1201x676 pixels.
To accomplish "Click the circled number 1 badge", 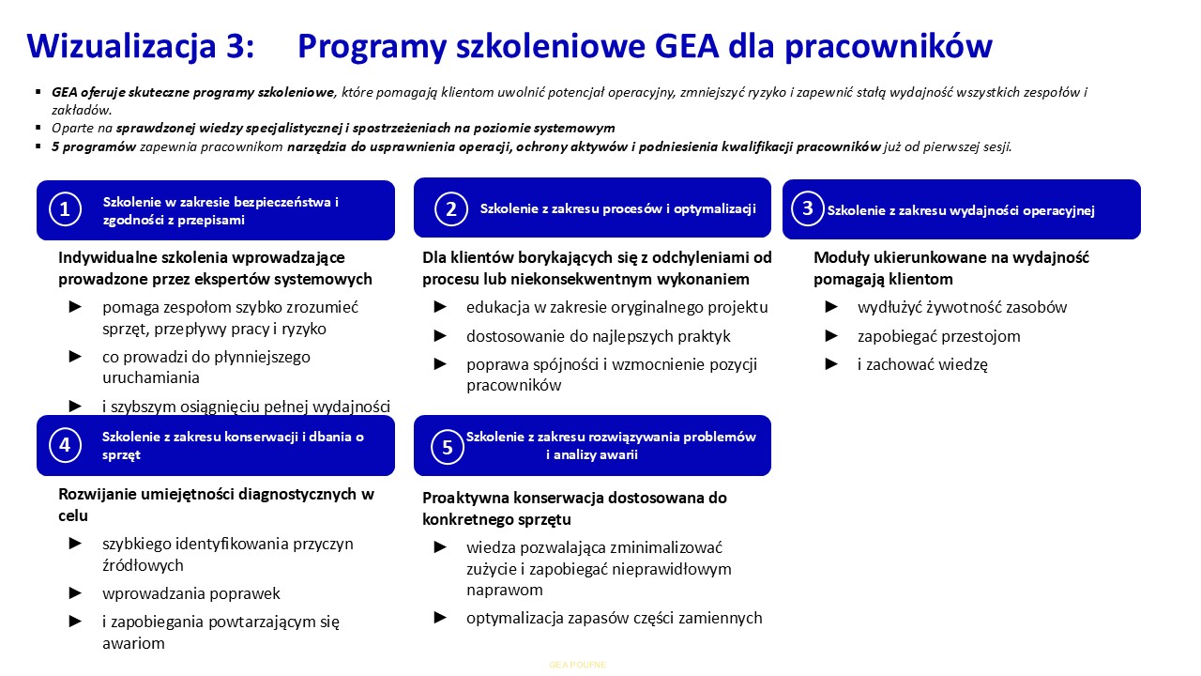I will point(65,209).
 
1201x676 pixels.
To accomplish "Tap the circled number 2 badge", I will point(451,208).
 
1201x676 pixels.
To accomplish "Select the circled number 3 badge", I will point(807,208).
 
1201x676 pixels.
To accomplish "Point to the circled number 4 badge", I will point(65,445).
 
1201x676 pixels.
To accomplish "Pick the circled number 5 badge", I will point(448,447).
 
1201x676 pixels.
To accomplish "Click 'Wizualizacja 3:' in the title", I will point(141,46).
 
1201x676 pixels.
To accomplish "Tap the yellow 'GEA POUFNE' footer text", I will point(578,665).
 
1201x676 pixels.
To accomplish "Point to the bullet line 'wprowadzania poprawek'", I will point(191,593).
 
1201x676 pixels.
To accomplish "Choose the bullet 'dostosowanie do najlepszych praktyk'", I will point(598,336).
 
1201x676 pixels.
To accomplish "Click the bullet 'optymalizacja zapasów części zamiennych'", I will point(614,618).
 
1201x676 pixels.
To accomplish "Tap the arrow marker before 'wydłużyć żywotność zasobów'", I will point(831,307).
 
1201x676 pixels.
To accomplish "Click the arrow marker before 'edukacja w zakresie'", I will point(441,307).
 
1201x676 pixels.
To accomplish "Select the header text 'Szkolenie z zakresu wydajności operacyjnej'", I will point(961,210).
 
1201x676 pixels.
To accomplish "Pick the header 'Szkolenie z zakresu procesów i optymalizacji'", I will point(617,208).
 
